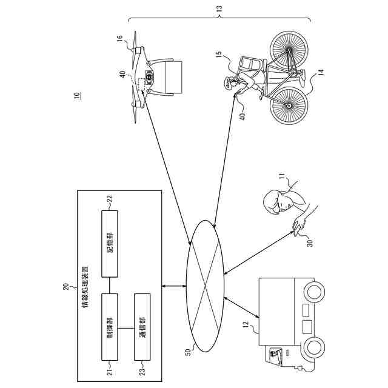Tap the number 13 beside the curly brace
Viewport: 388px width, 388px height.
pyautogui.click(x=219, y=8)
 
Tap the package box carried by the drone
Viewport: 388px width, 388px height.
pyautogui.click(x=172, y=76)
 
